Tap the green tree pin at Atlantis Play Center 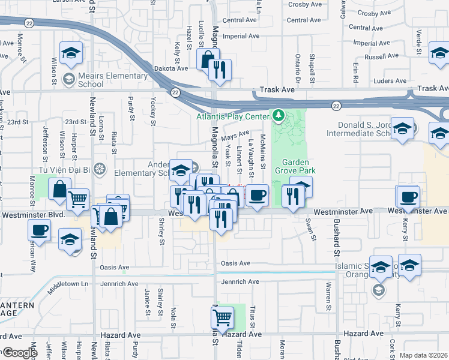coord(278,114)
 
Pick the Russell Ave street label coord(381,57)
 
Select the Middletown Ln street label coord(68,283)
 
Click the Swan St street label coord(313,229)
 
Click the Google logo coord(20,353)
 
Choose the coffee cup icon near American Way coord(40,230)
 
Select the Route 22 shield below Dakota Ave coord(175,92)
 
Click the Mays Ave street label coord(235,136)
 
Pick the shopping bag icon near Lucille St coord(207,59)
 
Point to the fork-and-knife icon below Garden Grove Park coord(292,196)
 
